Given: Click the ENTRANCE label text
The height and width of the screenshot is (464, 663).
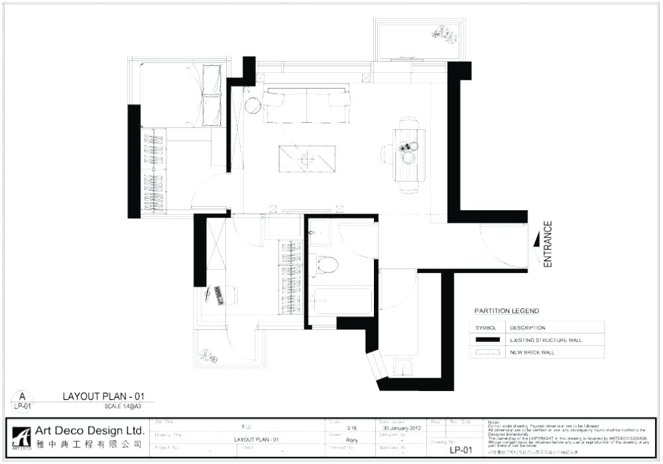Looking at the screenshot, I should coord(548,244).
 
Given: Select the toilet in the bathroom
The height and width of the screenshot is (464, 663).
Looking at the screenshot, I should coord(326,264).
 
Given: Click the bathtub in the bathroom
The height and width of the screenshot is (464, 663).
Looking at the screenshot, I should coord(342,300).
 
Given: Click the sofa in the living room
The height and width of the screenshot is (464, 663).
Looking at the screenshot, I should coord(306,105).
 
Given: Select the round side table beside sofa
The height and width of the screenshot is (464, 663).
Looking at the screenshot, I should coord(253,105).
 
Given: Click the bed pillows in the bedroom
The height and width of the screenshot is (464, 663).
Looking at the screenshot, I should coord(211,95).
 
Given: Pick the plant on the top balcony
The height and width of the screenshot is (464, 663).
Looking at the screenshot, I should coord(443,33).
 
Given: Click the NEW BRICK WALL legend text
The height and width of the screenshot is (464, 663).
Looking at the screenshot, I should coord(532,353).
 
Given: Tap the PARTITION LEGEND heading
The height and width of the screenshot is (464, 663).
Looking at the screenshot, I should coord(507,311).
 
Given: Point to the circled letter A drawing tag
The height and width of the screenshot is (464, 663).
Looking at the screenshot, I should coord(21,397).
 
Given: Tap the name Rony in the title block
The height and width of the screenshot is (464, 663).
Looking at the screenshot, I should coord(352,439).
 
